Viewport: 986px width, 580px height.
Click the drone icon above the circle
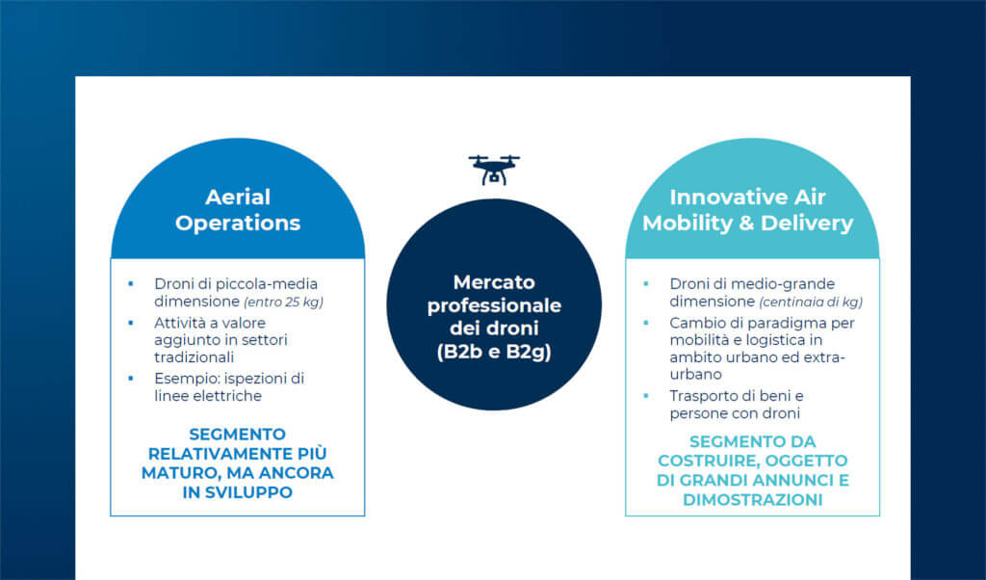click(x=494, y=170)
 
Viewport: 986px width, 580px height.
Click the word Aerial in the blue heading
click(x=238, y=197)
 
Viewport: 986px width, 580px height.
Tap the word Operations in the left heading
click(x=238, y=224)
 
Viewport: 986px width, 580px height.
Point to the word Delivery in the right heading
click(x=807, y=224)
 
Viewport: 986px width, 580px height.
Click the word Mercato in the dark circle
click(x=494, y=282)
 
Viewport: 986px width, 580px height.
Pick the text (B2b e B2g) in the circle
click(x=494, y=351)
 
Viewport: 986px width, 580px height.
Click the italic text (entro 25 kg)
click(x=283, y=302)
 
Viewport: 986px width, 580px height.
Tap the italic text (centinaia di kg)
click(x=811, y=302)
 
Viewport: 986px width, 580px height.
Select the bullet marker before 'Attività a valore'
click(x=131, y=323)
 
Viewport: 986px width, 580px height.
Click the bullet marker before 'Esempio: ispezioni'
click(x=131, y=378)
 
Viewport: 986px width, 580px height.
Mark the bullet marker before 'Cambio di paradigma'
click(x=646, y=323)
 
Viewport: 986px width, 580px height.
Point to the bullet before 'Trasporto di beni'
click(x=646, y=396)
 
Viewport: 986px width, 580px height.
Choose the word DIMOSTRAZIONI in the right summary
click(x=753, y=500)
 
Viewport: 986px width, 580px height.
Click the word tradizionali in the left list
click(x=194, y=357)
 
